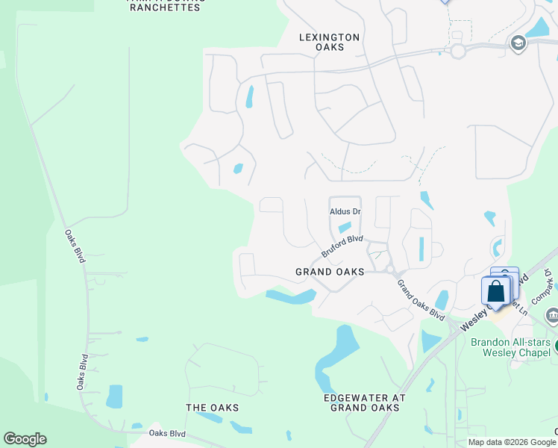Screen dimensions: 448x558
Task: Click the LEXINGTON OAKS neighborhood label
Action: tap(329, 42)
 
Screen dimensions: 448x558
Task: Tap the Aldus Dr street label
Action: tap(345, 212)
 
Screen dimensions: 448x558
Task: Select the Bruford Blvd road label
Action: tap(342, 246)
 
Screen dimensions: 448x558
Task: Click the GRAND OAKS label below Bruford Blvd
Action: tap(330, 272)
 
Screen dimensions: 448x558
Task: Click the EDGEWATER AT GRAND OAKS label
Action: tap(362, 402)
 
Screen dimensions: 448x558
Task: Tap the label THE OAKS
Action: tap(212, 408)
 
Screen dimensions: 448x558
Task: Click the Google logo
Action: tap(25, 439)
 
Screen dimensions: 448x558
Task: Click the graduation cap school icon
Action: tap(517, 44)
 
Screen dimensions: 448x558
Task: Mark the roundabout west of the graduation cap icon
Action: tap(457, 51)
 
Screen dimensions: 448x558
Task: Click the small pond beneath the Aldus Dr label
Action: tap(345, 228)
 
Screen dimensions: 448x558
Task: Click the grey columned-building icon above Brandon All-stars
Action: tap(552, 317)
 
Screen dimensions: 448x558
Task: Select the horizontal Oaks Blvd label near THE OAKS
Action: tap(166, 433)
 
